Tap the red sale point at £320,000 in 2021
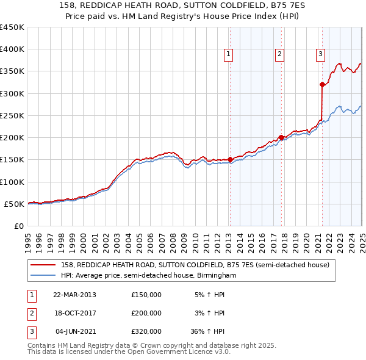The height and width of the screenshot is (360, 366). (x=322, y=85)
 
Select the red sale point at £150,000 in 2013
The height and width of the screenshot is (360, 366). (x=230, y=160)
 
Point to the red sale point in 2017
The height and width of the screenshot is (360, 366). (x=281, y=137)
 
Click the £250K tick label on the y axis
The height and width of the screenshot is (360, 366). (x=12, y=115)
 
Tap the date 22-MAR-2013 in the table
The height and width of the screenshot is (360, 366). (x=74, y=295)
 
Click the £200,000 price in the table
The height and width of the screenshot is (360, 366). (x=146, y=313)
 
